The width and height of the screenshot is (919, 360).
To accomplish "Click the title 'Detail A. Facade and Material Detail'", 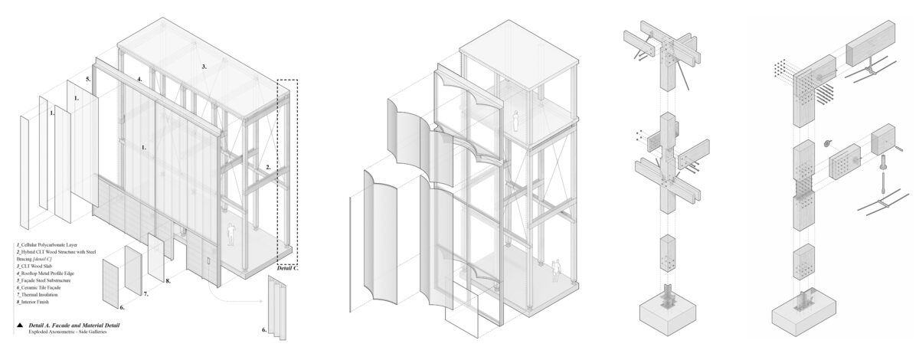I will (x=74, y=326).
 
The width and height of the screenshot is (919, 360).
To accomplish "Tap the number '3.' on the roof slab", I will (x=204, y=67).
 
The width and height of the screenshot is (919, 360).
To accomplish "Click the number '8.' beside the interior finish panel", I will (x=167, y=281).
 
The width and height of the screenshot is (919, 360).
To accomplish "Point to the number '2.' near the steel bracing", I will (x=268, y=165).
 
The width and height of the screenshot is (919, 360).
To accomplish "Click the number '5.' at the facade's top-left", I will (x=88, y=80).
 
